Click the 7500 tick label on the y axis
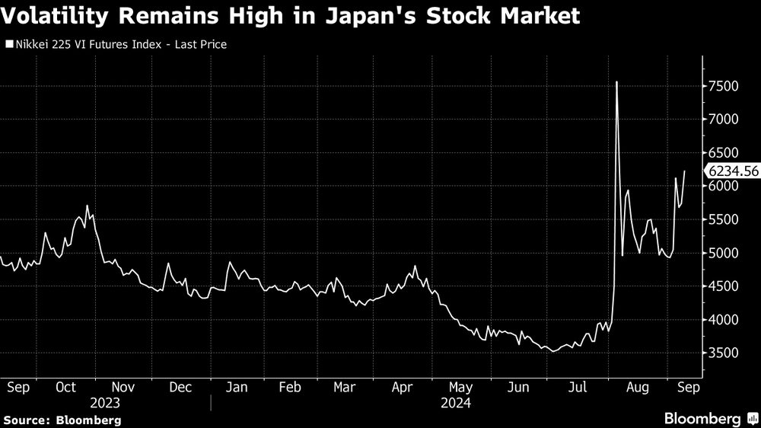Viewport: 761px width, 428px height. [x=724, y=86]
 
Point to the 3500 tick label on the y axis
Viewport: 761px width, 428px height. [x=724, y=353]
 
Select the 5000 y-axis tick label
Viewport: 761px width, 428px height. [x=724, y=253]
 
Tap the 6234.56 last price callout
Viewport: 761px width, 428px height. [x=733, y=171]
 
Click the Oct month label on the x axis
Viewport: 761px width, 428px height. [x=66, y=387]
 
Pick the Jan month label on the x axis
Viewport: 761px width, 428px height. [x=237, y=387]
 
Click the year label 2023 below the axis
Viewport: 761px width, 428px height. [x=105, y=403]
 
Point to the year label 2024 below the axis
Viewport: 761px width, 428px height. [x=457, y=403]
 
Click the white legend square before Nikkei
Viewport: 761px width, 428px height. [x=8, y=45]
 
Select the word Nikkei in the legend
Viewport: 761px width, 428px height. [x=30, y=44]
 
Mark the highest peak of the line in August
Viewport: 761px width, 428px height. [x=616, y=81]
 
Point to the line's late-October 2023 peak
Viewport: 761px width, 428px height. [x=87, y=206]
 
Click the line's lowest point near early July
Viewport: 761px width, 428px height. [x=552, y=351]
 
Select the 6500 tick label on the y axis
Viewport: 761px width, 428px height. [x=724, y=153]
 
